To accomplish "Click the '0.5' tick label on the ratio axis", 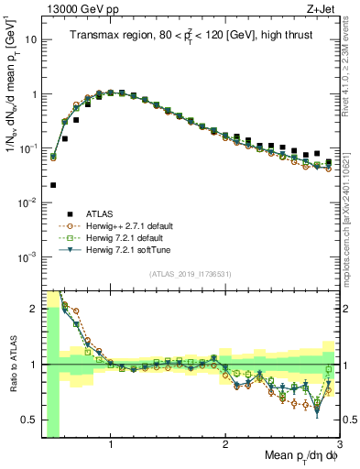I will (27, 420).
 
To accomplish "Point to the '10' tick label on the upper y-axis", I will (30, 40).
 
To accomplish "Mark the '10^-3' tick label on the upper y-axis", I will (27, 256).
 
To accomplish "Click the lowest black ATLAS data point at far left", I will (53, 185).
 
